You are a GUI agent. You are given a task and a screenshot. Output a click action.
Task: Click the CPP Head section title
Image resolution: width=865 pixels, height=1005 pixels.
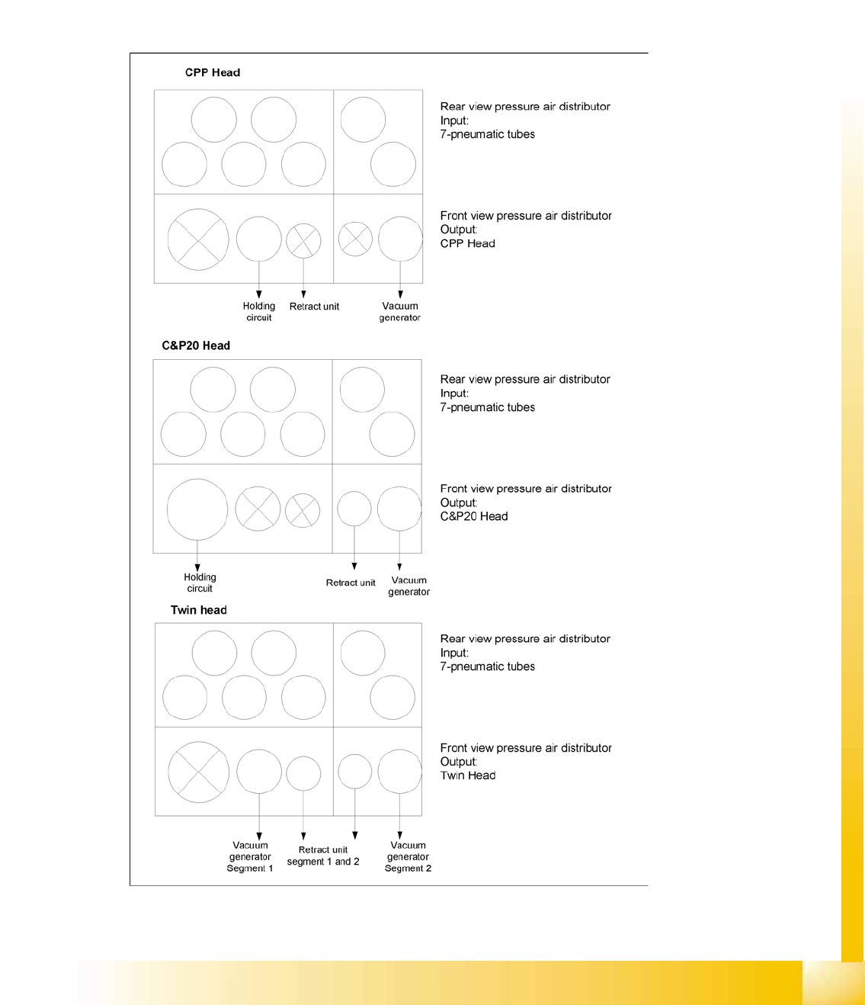pos(212,72)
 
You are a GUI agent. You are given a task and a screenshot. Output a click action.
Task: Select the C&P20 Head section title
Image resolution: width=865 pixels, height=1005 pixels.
pos(196,345)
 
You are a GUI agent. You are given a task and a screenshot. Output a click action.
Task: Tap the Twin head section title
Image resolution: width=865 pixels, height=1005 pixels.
pos(198,610)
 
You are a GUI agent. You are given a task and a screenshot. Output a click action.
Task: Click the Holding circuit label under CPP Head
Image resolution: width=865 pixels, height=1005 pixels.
pos(259,311)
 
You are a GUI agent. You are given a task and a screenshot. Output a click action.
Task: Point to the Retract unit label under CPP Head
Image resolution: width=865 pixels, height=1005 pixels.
pos(314,307)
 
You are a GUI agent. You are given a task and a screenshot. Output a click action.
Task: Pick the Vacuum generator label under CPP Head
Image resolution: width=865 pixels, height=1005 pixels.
pos(400,311)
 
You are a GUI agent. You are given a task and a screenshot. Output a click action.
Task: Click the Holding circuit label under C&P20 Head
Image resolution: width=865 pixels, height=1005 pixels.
pos(200,583)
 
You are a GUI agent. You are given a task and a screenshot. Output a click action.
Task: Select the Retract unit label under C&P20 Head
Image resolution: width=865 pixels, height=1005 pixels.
pos(351,583)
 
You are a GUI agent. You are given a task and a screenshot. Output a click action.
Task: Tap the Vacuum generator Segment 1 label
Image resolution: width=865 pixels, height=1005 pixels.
pos(250,856)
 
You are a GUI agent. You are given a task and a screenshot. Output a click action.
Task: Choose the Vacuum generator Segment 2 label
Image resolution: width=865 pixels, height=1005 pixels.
pos(408,856)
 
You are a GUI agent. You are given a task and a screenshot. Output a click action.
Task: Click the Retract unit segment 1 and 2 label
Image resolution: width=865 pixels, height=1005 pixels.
pos(323,856)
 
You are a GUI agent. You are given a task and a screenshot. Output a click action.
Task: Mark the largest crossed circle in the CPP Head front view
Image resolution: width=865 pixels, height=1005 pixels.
pos(198,239)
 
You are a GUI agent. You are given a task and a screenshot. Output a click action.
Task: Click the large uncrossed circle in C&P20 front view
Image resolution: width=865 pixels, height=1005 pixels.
pos(197,509)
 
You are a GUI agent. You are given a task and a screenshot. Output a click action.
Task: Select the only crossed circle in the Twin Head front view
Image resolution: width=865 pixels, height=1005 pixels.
pos(198,772)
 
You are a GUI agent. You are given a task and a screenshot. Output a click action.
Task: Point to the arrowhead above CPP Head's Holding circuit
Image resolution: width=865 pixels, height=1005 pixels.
pos(259,294)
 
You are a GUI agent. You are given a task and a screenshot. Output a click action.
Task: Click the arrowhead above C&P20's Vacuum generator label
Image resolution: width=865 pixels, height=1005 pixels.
pos(399,567)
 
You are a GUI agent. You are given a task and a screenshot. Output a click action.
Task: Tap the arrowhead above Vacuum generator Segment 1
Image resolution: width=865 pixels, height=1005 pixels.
pos(259,836)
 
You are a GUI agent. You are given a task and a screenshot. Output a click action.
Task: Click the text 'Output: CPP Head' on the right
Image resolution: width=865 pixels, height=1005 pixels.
pos(467,236)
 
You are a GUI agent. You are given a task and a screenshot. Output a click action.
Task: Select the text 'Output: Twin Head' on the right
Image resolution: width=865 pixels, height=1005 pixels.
pos(467,769)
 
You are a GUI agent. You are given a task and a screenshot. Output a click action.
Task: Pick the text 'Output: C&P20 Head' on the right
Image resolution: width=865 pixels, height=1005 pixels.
pos(473,509)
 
